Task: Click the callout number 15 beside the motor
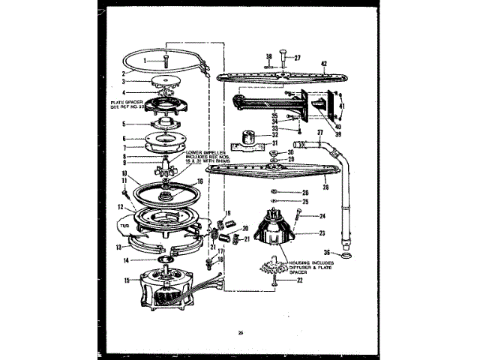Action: [x=126, y=281]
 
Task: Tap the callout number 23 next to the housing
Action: [x=300, y=232]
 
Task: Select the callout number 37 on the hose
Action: [x=319, y=134]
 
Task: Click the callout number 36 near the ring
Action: [x=326, y=253]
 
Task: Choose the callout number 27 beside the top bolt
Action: [x=296, y=58]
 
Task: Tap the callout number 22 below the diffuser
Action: [x=300, y=281]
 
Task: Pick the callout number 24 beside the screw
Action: [x=322, y=216]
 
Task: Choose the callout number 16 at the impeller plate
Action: [x=199, y=181]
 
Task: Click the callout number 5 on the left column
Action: [x=125, y=124]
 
